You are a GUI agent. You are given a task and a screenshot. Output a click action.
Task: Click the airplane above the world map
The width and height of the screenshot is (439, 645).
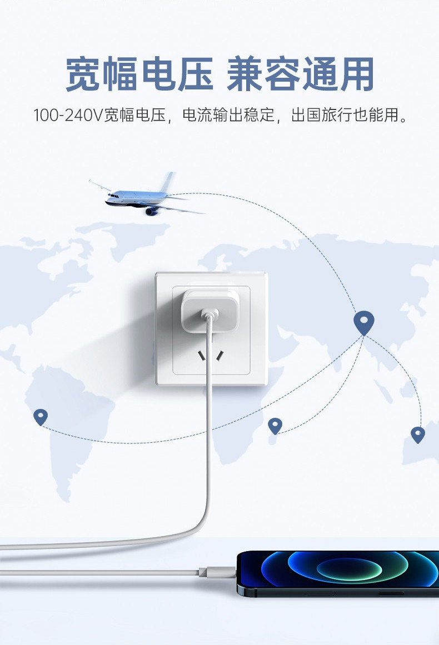point(146,195)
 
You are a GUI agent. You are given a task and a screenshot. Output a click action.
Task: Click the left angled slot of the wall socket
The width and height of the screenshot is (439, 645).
point(202,355)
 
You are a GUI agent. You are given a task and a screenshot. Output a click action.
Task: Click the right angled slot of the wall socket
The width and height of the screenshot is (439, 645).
point(220,355)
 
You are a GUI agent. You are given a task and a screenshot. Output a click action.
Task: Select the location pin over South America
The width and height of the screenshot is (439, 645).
point(41,417)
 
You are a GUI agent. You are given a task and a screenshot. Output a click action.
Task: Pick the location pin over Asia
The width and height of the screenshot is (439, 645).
point(364,323)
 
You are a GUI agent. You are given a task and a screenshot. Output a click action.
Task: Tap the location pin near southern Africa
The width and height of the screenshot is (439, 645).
point(275,426)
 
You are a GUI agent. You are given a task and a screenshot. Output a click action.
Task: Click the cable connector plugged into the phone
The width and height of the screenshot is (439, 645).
point(217,572)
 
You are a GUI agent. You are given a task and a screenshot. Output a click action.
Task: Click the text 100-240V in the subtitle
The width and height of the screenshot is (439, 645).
point(67,115)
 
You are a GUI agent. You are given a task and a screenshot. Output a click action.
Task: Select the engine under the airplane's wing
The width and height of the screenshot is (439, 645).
point(151,211)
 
